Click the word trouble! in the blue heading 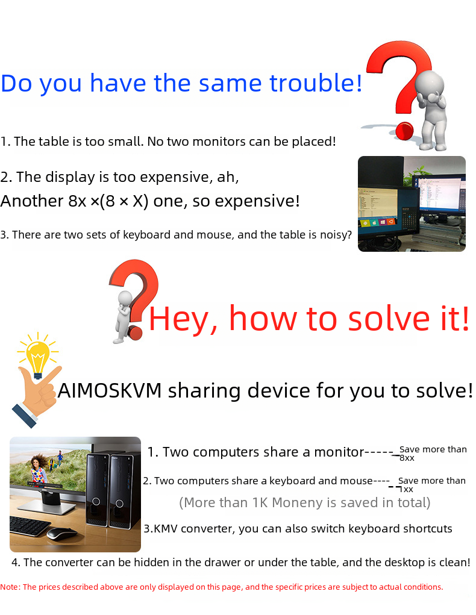tap(316, 83)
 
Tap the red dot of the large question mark tap(404, 131)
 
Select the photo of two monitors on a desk tap(412, 204)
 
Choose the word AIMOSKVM tap(110, 391)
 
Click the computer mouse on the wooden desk tap(61, 533)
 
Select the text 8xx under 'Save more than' tap(407, 458)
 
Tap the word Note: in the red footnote tap(10, 587)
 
